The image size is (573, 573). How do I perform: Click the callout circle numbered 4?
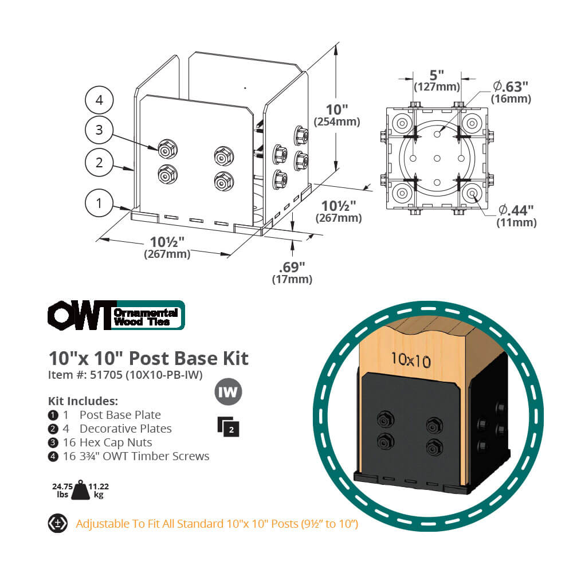(x=99, y=100)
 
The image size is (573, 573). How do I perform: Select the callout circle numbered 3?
(x=99, y=130)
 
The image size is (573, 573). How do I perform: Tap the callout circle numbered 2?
(x=99, y=162)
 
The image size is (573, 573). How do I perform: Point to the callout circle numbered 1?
(x=99, y=203)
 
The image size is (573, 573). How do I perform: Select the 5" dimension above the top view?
(x=437, y=75)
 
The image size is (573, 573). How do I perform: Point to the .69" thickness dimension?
(x=292, y=267)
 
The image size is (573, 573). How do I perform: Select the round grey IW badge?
(x=228, y=393)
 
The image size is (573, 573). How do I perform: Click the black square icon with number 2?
(x=228, y=426)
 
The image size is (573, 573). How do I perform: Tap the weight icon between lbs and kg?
(x=80, y=490)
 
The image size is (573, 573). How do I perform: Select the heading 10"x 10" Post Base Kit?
(x=148, y=358)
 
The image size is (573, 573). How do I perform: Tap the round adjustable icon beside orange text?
(x=57, y=523)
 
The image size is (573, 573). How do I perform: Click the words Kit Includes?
(x=83, y=400)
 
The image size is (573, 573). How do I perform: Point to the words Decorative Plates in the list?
(x=125, y=429)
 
